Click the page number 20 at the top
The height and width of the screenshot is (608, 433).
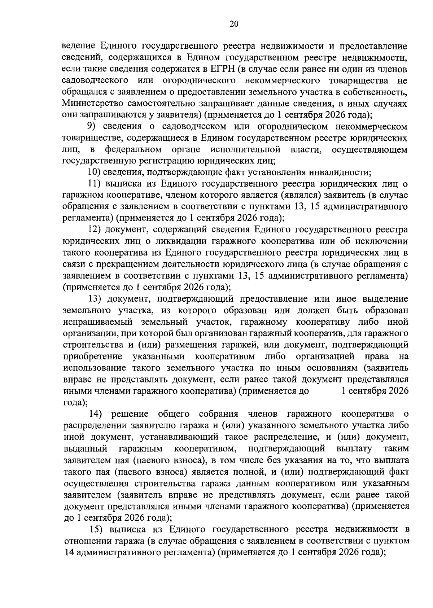[233, 24]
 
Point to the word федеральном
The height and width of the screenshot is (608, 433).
[133, 150]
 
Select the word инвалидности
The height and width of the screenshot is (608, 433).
[337, 173]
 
